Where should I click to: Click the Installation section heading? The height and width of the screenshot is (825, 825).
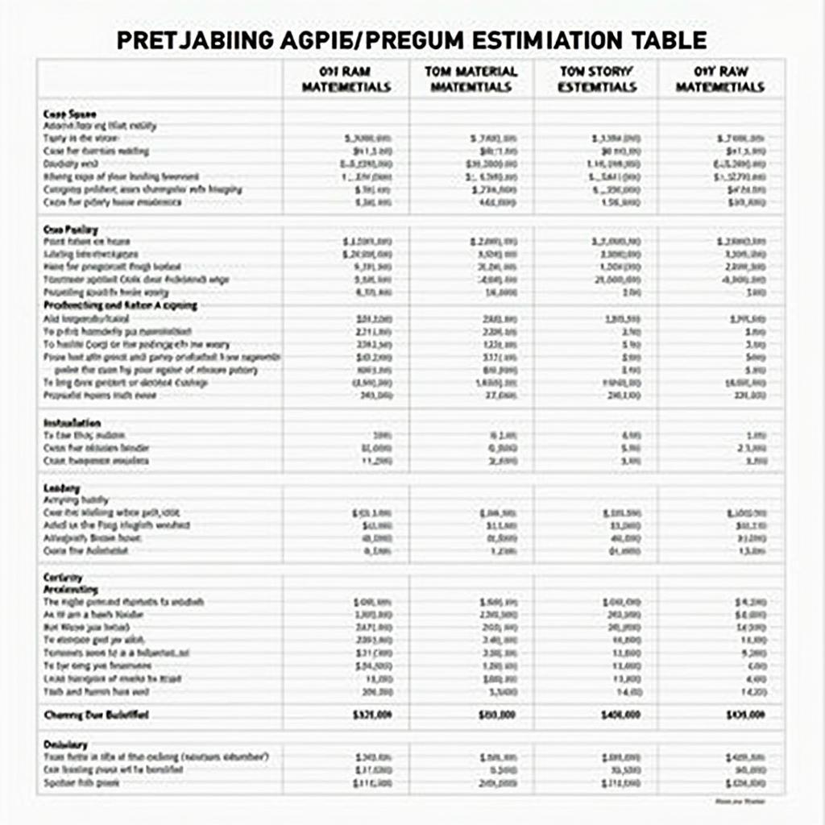tap(71, 422)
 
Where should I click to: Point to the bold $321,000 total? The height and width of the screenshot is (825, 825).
tap(373, 715)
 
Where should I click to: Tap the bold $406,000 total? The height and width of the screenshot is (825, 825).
tap(622, 715)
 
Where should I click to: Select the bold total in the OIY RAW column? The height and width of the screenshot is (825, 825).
tap(745, 715)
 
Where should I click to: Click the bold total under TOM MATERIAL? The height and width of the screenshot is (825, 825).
tap(498, 715)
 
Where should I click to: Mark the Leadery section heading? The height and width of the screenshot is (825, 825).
tap(61, 488)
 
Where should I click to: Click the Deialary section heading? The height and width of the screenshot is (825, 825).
tap(64, 744)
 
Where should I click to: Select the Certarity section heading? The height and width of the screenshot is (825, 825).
tap(62, 578)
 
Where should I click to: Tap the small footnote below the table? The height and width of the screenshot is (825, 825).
tap(740, 802)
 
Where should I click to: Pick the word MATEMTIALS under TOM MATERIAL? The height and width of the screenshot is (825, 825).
tap(472, 87)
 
